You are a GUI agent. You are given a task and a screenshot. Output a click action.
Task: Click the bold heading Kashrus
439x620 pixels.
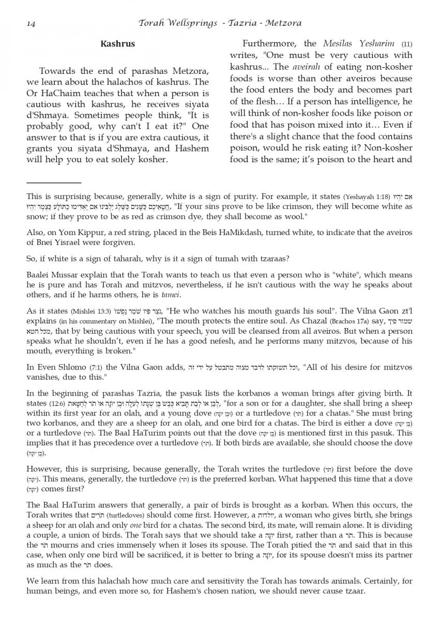click(x=117, y=44)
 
